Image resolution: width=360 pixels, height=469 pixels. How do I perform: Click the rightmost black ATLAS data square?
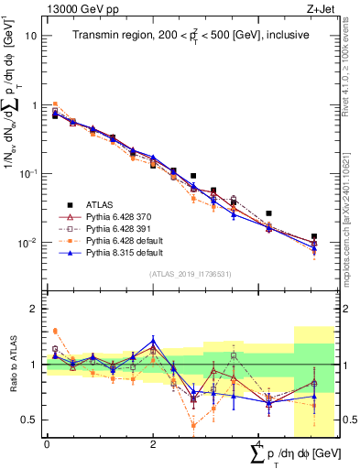click(314, 236)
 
